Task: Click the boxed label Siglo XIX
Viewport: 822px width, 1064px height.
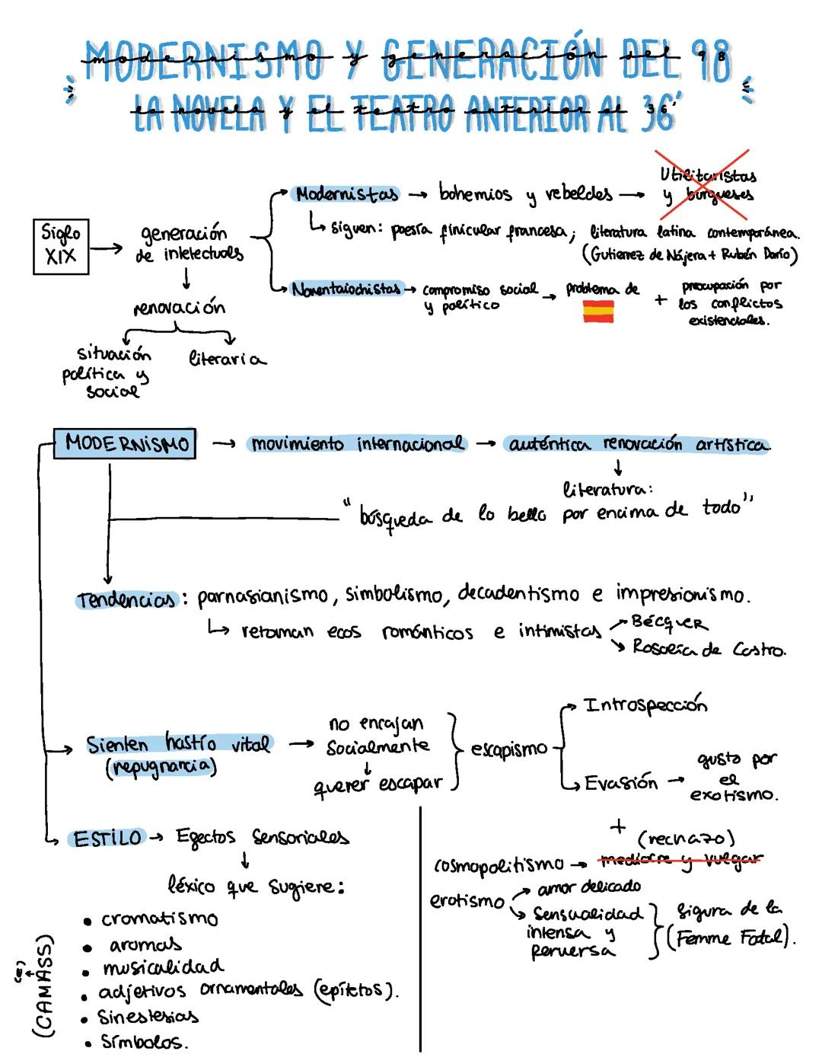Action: click(x=61, y=245)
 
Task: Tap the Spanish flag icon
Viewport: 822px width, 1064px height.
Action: click(x=598, y=312)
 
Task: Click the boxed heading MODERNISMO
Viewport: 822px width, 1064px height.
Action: click(x=126, y=443)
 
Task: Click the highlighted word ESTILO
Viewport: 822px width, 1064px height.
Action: click(x=107, y=839)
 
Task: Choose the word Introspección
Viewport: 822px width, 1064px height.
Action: click(x=645, y=705)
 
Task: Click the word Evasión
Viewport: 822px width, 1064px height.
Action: click(x=620, y=783)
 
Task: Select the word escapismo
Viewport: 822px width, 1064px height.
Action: click(x=509, y=749)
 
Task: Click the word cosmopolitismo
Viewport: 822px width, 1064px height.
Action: click(x=499, y=864)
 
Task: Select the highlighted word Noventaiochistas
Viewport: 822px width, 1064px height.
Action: click(x=346, y=289)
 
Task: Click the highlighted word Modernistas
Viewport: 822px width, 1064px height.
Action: click(x=347, y=194)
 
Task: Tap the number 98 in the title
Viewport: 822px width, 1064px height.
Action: click(x=711, y=59)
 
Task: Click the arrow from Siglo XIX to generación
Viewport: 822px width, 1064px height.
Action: click(x=107, y=248)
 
